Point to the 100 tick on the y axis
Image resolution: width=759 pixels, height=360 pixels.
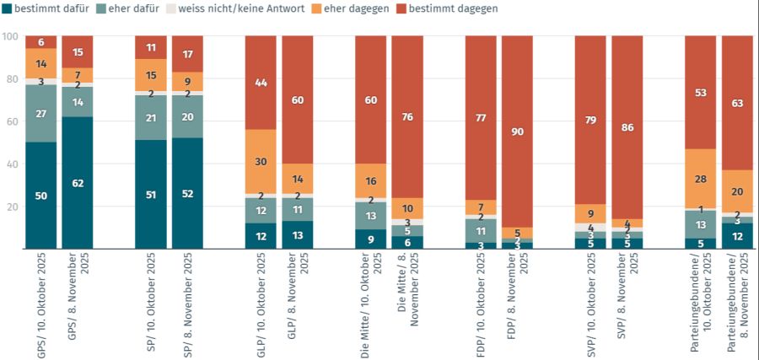click(10, 37)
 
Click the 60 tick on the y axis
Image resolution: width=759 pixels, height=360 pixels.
click(10, 121)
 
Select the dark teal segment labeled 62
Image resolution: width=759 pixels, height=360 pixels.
click(78, 183)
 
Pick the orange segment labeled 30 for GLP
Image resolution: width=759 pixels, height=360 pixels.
click(261, 162)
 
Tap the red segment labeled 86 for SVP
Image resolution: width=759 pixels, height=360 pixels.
click(627, 127)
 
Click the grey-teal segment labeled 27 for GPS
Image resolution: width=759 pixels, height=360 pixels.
click(40, 114)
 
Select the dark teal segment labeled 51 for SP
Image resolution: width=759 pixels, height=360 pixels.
click(151, 195)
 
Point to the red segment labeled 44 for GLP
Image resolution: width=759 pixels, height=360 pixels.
click(261, 83)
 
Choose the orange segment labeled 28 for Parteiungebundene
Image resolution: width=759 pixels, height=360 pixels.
click(701, 178)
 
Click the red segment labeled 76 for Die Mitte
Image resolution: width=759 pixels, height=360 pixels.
click(407, 117)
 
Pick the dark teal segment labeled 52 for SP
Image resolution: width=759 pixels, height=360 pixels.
click(187, 194)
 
